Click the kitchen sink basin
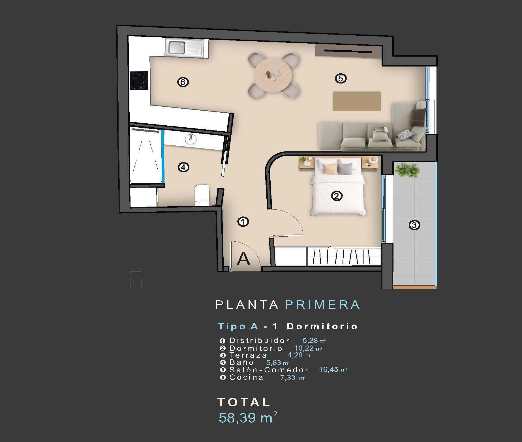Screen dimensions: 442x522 [x=177, y=48]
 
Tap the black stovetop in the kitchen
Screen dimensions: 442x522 [x=139, y=81]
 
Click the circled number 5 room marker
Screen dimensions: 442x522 [x=341, y=78]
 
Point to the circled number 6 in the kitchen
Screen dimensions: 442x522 [x=183, y=82]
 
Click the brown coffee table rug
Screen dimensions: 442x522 [x=356, y=101]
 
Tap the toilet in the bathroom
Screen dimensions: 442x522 [x=202, y=195]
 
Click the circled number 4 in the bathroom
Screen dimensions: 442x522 [x=183, y=167]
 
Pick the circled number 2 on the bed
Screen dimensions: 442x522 [x=337, y=196]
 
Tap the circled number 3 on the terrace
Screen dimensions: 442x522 [x=414, y=225]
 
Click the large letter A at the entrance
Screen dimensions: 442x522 [x=244, y=259]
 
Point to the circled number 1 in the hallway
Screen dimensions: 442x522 [x=243, y=222]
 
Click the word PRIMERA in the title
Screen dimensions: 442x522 [x=322, y=305]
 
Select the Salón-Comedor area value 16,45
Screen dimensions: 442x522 [x=328, y=369]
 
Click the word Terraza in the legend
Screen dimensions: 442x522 [x=248, y=355]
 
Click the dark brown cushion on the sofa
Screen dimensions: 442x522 [x=418, y=117]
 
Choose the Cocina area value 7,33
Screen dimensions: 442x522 [x=288, y=377]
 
